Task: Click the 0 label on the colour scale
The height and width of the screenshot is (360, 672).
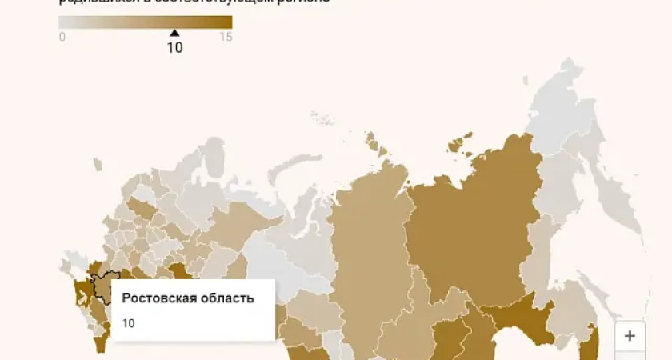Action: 62,37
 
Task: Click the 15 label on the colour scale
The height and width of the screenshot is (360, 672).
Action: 226,37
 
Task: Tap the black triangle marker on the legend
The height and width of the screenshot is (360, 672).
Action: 174,33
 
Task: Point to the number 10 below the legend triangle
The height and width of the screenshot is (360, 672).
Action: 174,47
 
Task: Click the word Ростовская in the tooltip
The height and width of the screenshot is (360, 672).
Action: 156,298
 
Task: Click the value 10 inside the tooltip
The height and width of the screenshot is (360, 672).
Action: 128,323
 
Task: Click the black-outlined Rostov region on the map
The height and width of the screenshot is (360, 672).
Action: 102,286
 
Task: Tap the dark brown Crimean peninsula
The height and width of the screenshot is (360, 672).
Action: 82,293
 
